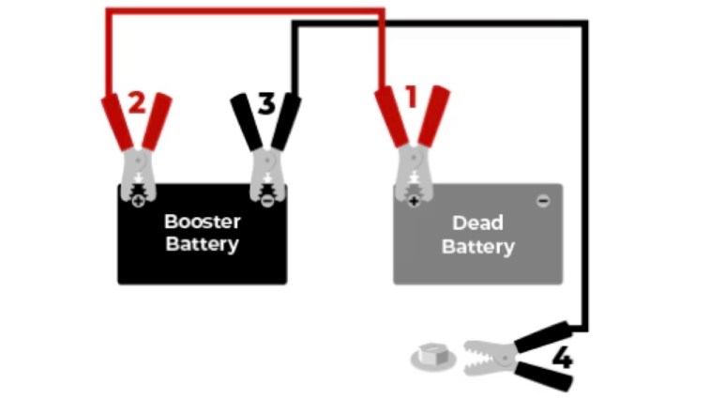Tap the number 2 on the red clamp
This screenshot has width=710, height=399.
[137, 102]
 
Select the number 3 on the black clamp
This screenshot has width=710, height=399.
[266, 103]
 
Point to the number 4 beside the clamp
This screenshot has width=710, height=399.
[562, 359]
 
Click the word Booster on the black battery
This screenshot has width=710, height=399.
[203, 223]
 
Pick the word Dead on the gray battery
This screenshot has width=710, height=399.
[477, 223]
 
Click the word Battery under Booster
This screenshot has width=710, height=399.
[203, 245]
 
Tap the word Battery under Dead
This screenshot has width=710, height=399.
[477, 248]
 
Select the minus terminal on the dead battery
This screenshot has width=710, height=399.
[542, 201]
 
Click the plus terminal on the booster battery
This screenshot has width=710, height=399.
[139, 199]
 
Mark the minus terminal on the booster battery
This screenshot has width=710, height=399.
[268, 199]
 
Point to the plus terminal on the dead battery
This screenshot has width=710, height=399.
[413, 199]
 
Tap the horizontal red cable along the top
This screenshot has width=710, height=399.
[244, 11]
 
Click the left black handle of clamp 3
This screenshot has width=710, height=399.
[248, 122]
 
